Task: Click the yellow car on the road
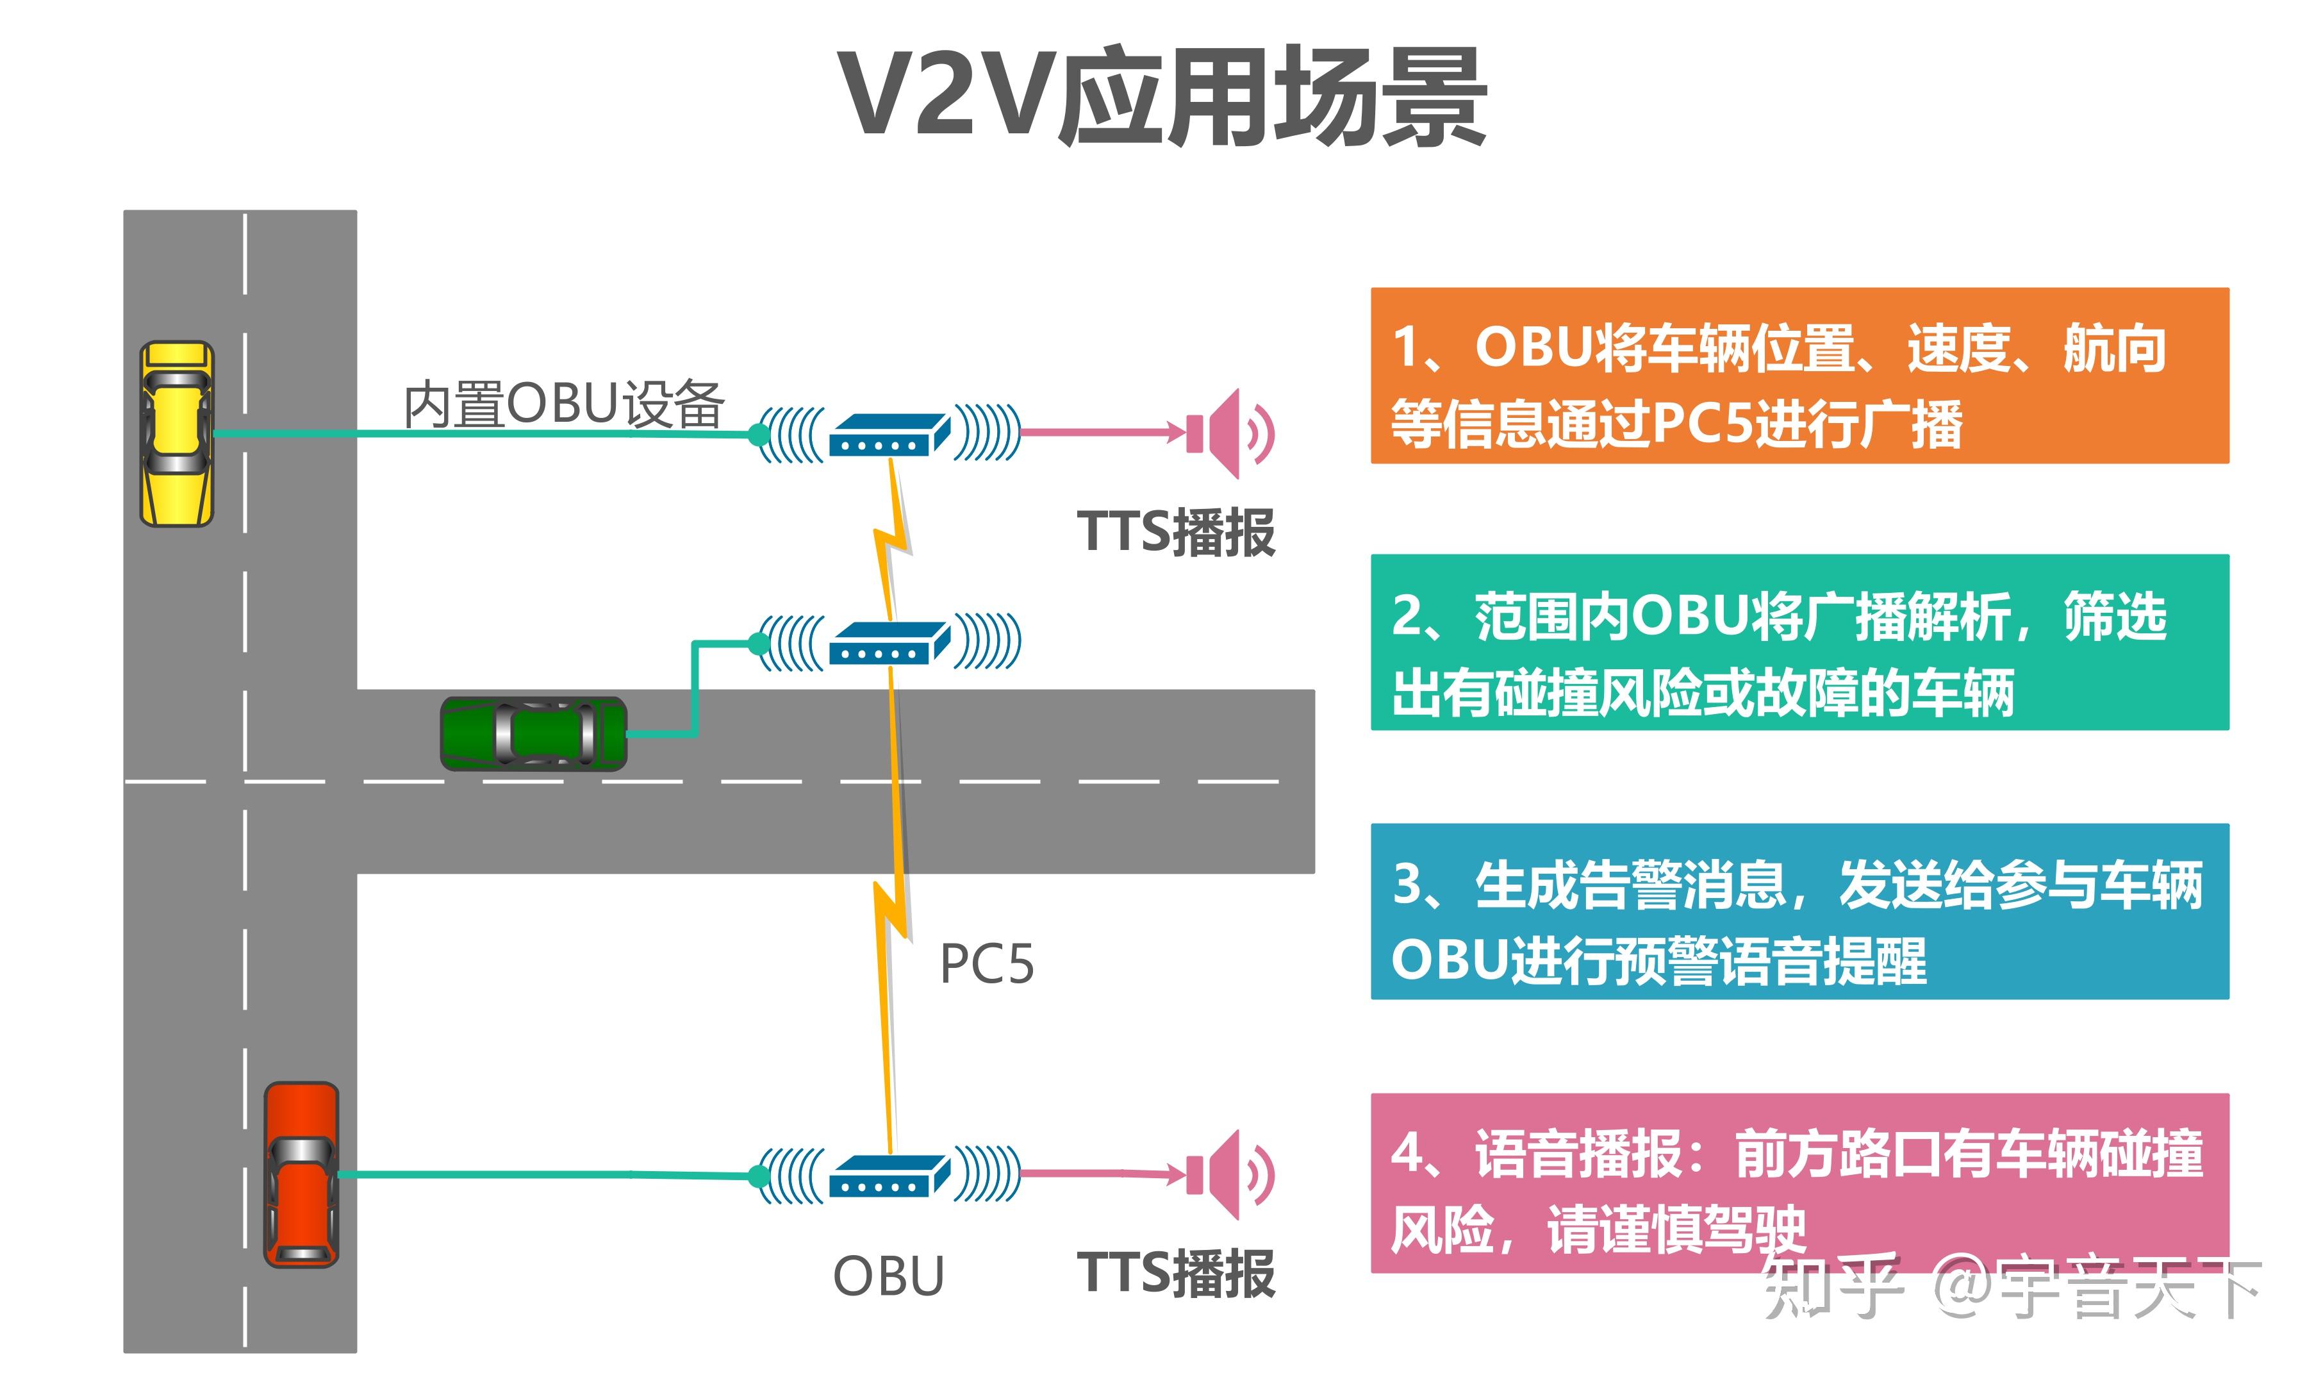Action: click(177, 433)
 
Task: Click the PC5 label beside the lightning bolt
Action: click(986, 964)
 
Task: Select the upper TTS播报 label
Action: click(1175, 533)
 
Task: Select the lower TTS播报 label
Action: click(1175, 1273)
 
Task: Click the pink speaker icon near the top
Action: click(1227, 433)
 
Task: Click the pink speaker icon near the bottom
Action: click(1227, 1174)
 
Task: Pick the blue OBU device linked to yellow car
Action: click(889, 434)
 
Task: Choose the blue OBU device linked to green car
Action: click(889, 642)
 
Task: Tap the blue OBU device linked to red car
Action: click(889, 1175)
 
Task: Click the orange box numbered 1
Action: click(1798, 375)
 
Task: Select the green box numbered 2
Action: click(1798, 642)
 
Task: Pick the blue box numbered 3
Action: click(1798, 911)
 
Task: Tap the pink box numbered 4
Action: click(1798, 1181)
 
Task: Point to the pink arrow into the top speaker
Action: click(1098, 432)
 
